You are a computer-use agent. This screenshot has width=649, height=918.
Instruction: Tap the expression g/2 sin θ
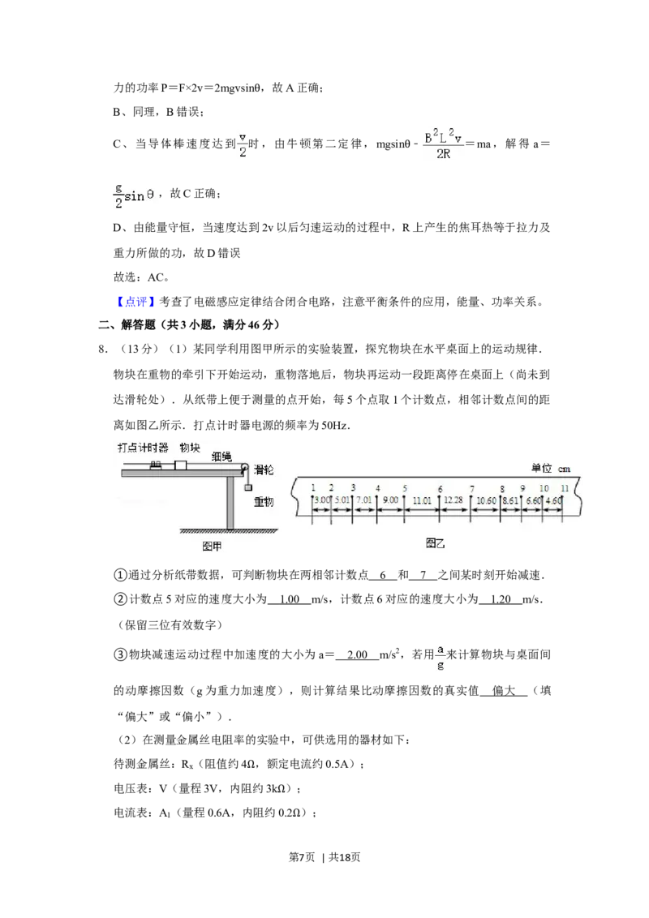[x=136, y=195]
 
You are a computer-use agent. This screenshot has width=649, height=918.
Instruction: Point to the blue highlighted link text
[x=135, y=302]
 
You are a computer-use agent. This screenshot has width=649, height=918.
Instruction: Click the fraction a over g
[x=439, y=656]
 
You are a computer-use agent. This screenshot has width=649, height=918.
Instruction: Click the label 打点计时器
[x=143, y=447]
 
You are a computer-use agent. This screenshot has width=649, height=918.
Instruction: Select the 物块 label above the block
[x=189, y=447]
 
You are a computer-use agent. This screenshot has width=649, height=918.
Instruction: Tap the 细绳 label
[x=221, y=457]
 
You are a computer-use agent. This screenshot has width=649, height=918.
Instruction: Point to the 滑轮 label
[x=264, y=470]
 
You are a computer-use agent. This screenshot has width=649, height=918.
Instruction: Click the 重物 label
[x=264, y=502]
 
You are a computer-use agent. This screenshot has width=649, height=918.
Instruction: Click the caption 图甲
[x=212, y=547]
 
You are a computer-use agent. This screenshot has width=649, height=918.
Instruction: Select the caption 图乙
[x=436, y=544]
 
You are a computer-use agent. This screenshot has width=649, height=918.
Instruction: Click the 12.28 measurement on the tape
[x=453, y=500]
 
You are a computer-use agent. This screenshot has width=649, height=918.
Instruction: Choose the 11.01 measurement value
[x=422, y=500]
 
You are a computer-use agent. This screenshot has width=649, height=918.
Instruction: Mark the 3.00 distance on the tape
[x=321, y=500]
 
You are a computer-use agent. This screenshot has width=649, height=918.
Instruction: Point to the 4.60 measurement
[x=554, y=500]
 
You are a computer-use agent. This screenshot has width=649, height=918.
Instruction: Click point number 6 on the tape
[x=440, y=488]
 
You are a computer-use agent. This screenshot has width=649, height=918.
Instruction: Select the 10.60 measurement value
[x=487, y=500]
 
